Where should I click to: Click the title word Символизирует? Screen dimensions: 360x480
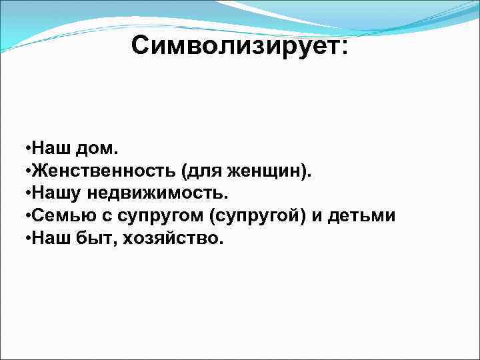[x=239, y=46]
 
